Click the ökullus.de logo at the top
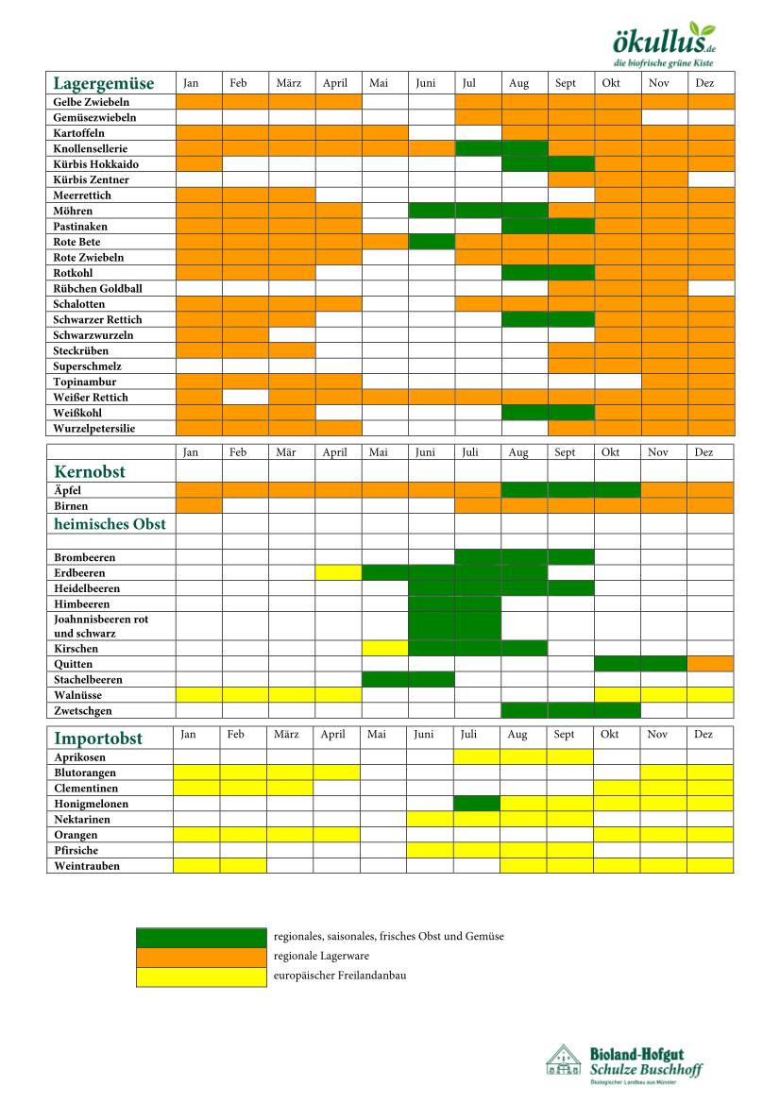pos(665,43)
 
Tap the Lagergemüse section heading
pos(103,83)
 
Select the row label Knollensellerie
pos(91,148)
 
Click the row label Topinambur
pos(84,382)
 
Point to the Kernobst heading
pos(90,471)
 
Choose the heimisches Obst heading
pos(110,524)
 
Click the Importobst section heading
pos(98,738)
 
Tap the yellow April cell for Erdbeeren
pos(339,573)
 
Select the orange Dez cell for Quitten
pos(710,664)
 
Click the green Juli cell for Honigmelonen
pos(477,804)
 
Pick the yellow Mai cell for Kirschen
pos(385,649)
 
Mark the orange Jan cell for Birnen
pos(198,506)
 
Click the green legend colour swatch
pos(201,937)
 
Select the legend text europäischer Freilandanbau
pos(340,976)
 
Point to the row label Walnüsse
pos(79,695)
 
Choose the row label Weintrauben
pos(87,865)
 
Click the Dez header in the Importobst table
pos(704,734)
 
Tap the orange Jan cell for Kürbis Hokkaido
pos(198,164)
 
